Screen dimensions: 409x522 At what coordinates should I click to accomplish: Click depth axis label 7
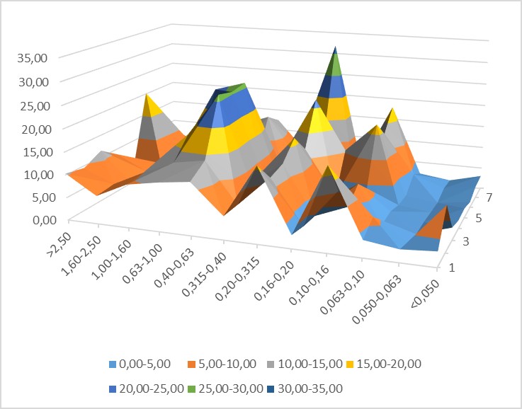coord(482,193)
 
